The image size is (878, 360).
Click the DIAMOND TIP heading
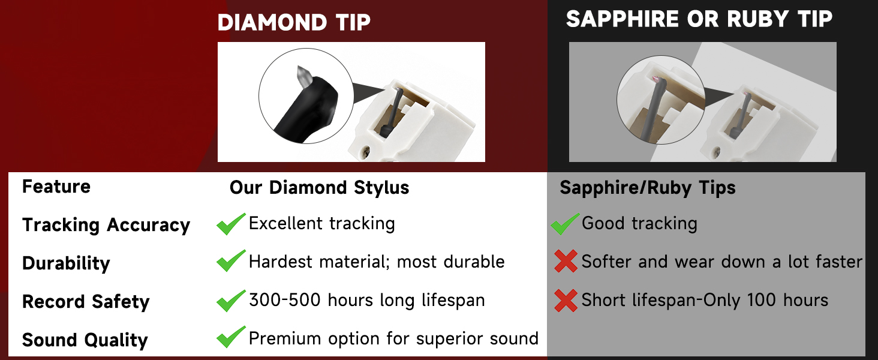294,22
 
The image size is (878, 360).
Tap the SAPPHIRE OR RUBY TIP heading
699,19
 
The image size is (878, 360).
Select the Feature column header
56,186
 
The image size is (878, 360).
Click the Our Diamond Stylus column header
320,187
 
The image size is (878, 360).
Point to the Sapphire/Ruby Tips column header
648,187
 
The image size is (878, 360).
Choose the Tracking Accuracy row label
106,225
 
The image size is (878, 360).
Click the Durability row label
66,263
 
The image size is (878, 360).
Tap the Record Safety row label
86,302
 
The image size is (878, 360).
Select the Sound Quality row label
85,340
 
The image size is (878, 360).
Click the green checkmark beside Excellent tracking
231,224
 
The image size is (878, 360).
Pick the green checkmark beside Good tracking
565,224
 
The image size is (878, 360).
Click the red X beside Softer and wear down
566,261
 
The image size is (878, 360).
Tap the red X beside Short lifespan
566,301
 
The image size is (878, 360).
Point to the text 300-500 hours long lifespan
367,300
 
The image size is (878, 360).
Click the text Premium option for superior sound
393,338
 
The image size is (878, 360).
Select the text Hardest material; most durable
377,262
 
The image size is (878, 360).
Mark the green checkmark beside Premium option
231,337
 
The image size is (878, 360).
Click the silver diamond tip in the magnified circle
303,77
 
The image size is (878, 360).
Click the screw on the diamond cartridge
366,150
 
